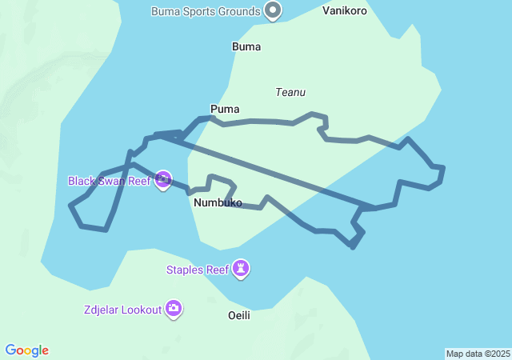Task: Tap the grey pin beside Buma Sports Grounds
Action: click(x=274, y=11)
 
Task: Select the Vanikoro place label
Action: click(x=345, y=11)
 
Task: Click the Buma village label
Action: click(x=246, y=46)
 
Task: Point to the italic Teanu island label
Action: click(x=290, y=92)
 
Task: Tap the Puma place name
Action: click(x=225, y=109)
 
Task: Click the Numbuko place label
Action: click(x=218, y=203)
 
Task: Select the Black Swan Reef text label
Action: click(x=109, y=181)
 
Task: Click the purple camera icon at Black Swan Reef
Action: click(x=163, y=180)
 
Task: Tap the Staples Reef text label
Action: click(x=198, y=270)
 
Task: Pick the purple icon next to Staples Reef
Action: click(x=242, y=269)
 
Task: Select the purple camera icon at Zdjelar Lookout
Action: click(x=174, y=309)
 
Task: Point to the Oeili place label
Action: click(x=239, y=315)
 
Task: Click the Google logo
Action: click(x=27, y=350)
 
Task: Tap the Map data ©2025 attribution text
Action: click(x=478, y=354)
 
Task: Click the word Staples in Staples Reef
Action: click(x=186, y=270)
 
